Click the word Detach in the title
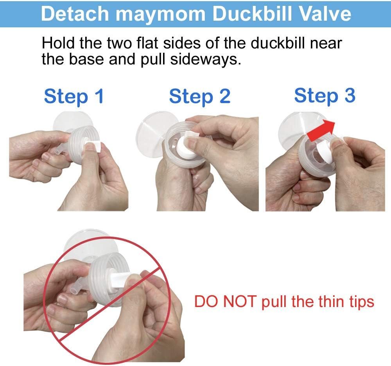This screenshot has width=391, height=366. coord(75,14)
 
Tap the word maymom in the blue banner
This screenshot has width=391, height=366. coord(160,15)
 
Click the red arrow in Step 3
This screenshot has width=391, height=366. coord(321,130)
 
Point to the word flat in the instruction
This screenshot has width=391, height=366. coord(147,43)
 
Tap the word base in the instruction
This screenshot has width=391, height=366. coord(86,59)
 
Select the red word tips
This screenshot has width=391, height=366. coord(361,302)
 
